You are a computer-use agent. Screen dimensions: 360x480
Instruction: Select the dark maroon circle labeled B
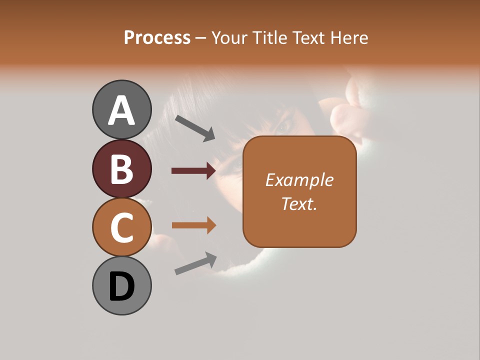click(122, 169)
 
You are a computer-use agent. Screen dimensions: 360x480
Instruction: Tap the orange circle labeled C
click(122, 227)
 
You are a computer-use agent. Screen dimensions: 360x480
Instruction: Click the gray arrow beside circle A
click(195, 127)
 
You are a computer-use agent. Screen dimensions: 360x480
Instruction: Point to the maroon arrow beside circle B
click(193, 171)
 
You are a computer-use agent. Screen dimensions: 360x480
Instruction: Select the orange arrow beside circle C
click(193, 225)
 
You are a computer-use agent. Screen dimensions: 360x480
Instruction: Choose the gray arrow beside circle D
click(195, 263)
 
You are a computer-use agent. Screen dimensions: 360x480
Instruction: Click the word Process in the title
click(157, 38)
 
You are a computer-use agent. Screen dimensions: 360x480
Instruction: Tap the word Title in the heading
click(268, 38)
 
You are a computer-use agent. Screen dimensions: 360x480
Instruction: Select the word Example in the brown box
click(299, 180)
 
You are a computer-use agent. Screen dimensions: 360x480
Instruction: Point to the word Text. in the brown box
click(299, 203)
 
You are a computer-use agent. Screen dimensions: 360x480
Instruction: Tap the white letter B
click(122, 169)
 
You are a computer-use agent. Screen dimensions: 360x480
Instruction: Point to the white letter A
click(122, 110)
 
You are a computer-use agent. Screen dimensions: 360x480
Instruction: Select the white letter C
click(122, 227)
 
